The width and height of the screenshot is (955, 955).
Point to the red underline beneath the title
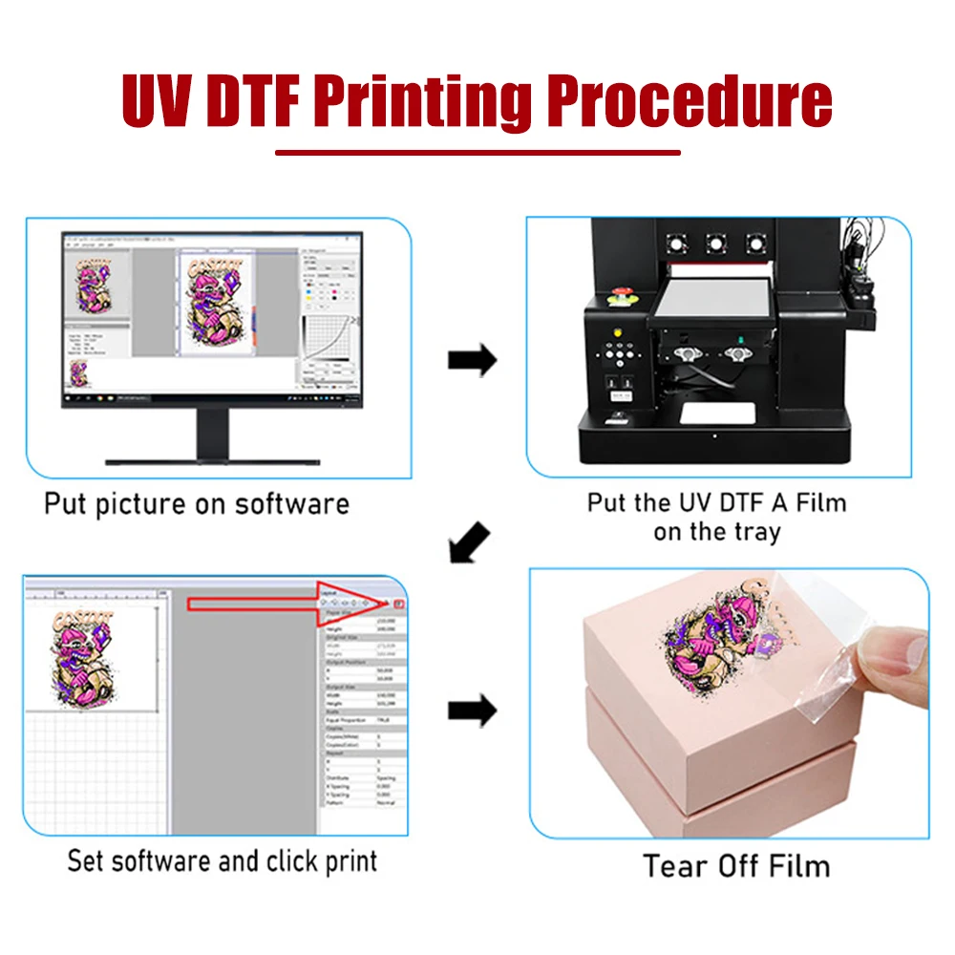click(x=477, y=152)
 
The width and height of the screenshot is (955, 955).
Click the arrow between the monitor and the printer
click(x=472, y=361)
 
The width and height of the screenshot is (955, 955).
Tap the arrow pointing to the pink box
click(x=472, y=711)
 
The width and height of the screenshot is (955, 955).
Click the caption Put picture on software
click(x=197, y=503)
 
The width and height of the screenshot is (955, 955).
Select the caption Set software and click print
click(x=222, y=860)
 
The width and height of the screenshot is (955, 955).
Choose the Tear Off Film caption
click(x=736, y=866)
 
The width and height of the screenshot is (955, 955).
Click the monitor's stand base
click(x=212, y=459)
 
